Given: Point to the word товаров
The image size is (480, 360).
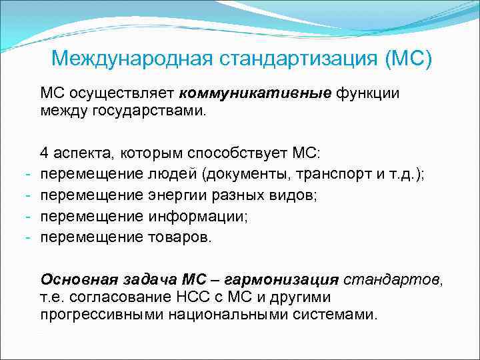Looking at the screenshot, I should tap(178, 237).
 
